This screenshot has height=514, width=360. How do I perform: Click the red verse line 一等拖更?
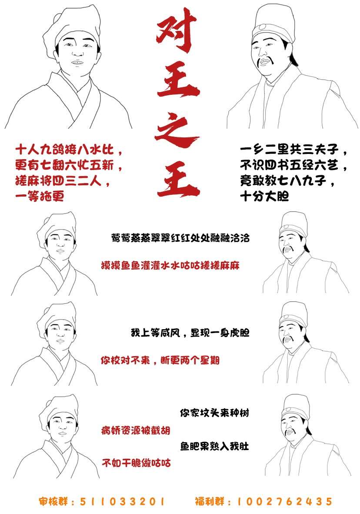(x=40, y=196)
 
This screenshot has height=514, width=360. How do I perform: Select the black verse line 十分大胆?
(x=264, y=196)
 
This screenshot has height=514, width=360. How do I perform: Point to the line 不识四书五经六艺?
(x=294, y=166)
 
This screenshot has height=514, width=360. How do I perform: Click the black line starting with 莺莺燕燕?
(x=180, y=238)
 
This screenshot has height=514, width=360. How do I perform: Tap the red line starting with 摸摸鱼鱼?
(x=170, y=265)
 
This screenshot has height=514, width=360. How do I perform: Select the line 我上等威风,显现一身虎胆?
(x=190, y=334)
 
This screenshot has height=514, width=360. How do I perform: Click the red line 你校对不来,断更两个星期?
(x=160, y=360)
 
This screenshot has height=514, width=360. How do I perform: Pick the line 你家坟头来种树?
(x=214, y=412)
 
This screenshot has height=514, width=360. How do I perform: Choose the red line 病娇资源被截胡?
(x=135, y=431)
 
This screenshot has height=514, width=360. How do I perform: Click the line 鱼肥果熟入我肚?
(x=214, y=447)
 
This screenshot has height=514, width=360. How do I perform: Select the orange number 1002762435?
(x=285, y=501)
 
